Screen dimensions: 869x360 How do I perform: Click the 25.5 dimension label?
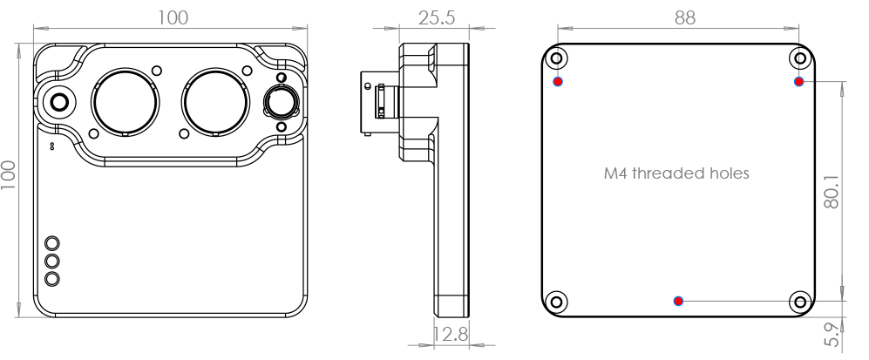tap(436, 17)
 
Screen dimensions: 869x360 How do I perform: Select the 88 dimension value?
tap(685, 17)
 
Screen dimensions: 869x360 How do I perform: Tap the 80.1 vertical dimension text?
tap(832, 192)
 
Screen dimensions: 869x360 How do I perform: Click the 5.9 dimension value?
tap(832, 335)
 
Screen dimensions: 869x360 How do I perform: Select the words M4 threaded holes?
tap(676, 173)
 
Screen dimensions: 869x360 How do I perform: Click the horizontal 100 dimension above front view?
tap(173, 17)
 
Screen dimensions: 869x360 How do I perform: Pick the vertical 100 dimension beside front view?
tap(9, 175)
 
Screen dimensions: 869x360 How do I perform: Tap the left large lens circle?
tap(126, 102)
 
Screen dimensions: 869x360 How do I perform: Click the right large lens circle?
tap(215, 102)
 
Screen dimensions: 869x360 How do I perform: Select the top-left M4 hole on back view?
tap(557, 58)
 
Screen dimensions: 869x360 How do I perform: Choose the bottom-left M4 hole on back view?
tap(557, 302)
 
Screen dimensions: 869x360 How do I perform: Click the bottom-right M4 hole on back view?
tap(800, 302)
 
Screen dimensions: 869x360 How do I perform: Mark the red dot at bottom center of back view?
tap(678, 302)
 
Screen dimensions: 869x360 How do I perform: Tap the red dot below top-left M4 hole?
tap(558, 82)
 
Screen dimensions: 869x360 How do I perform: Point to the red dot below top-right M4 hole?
tap(798, 82)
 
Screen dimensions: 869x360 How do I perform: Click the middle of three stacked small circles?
tap(52, 261)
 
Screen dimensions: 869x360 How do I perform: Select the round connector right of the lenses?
tap(282, 102)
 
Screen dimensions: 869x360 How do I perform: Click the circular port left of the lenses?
tap(59, 102)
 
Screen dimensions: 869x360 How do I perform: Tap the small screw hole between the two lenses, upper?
tap(157, 71)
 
